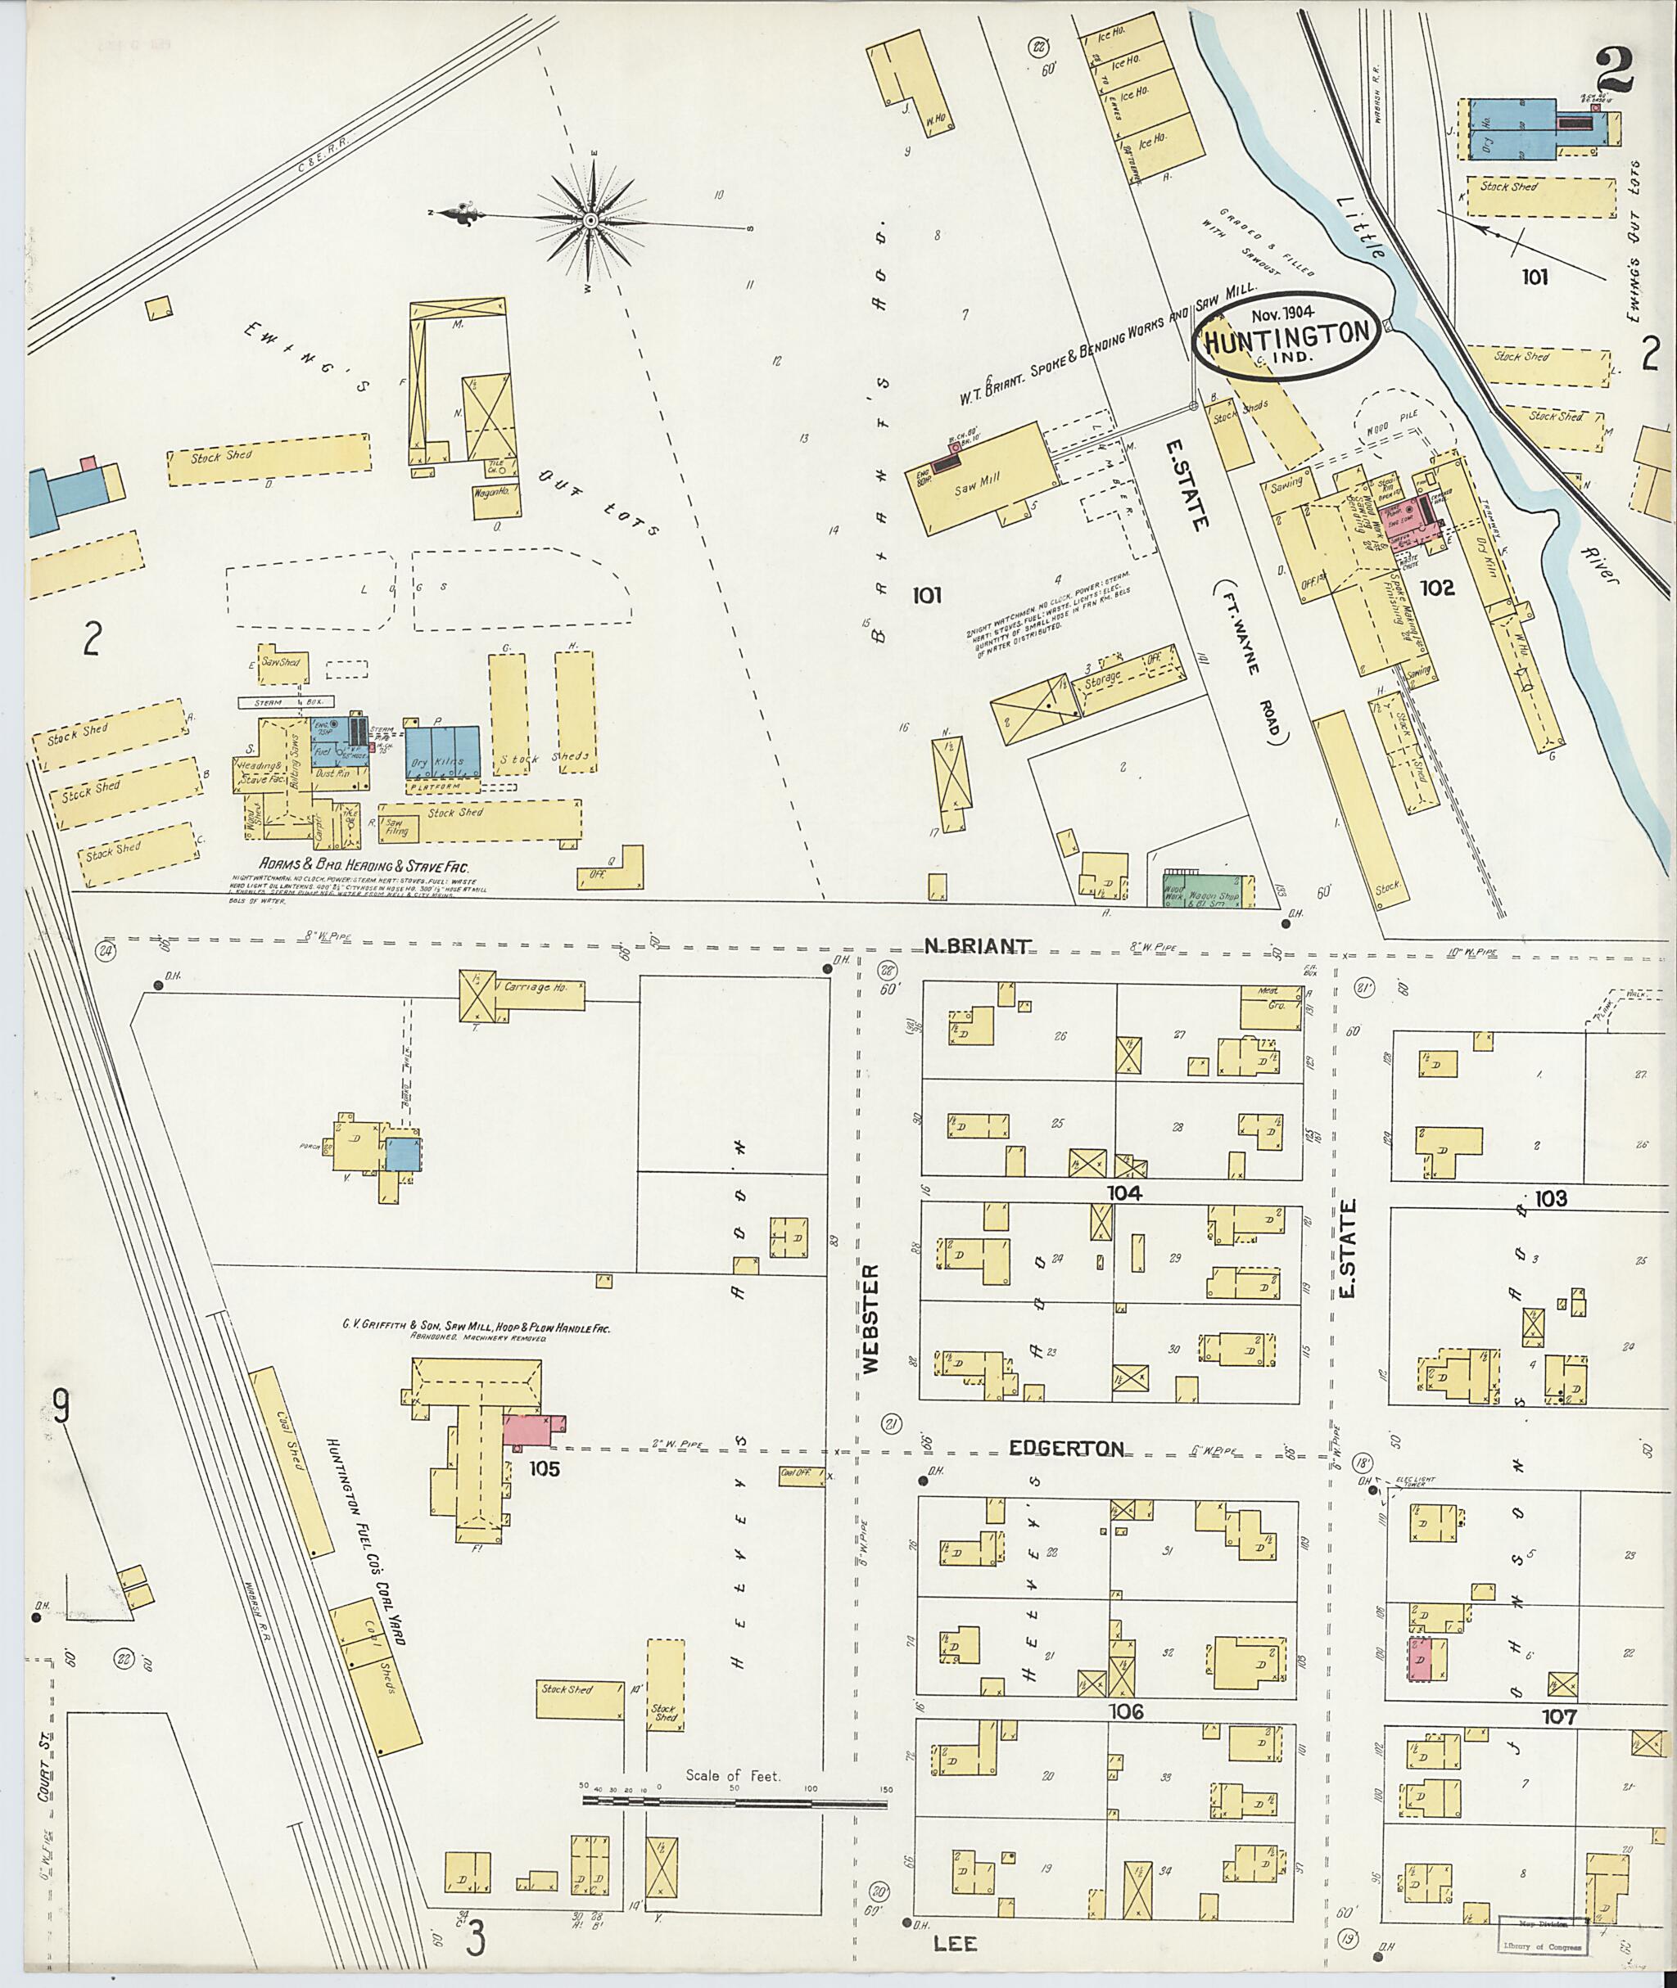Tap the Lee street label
pos(956,1942)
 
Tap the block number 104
pos(1123,1192)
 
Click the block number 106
pos(1123,1711)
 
